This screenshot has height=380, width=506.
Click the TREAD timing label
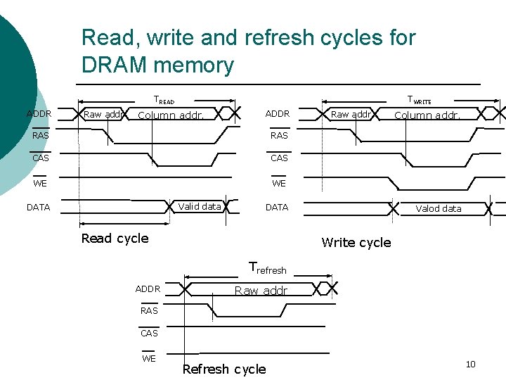[x=164, y=101]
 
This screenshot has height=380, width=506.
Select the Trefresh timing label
[x=268, y=268]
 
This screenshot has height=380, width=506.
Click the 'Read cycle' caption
[x=115, y=238]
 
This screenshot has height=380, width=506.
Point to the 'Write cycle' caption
[x=356, y=243]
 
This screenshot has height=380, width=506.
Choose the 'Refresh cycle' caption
[x=223, y=369]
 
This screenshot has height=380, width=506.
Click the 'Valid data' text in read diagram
[x=200, y=206]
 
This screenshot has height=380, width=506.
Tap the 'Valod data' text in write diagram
[x=439, y=208]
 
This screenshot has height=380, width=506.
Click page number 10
[x=470, y=364]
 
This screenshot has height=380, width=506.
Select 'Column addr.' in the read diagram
[x=171, y=115]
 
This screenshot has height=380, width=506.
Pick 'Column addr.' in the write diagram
[x=427, y=115]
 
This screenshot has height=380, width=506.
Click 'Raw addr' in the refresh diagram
[x=261, y=291]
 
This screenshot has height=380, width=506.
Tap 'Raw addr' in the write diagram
[x=351, y=114]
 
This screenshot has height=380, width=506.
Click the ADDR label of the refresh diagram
[x=148, y=289]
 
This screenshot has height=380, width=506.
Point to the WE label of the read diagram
[x=41, y=184]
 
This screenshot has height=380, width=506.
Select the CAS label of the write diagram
[x=279, y=158]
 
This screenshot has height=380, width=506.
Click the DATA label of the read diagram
[x=38, y=208]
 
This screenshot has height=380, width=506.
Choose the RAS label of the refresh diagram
[x=149, y=310]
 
